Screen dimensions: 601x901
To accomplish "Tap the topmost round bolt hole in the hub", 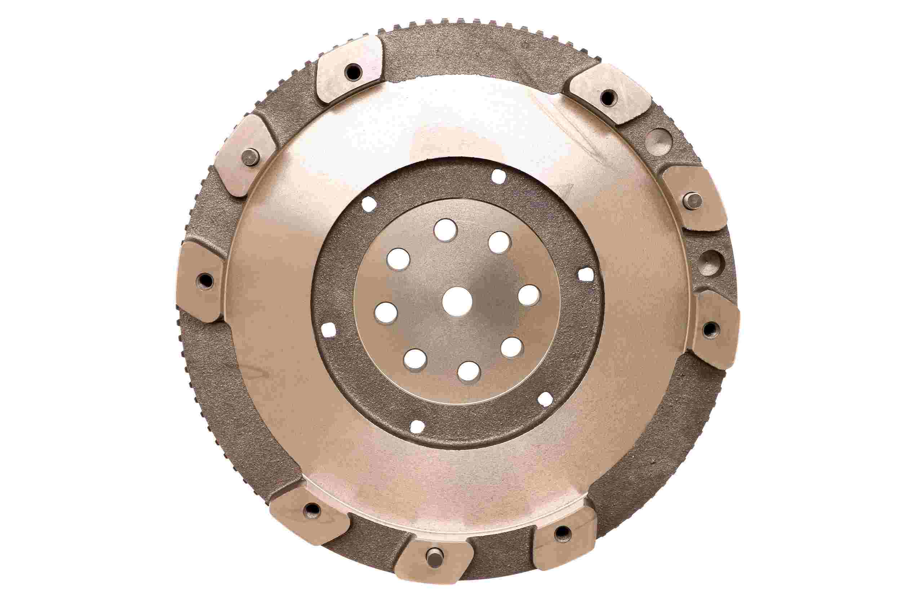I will [445, 230].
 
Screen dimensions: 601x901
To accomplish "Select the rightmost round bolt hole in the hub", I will [529, 296].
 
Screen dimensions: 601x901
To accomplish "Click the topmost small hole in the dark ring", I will [498, 177].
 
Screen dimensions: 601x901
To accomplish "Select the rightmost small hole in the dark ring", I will [585, 274].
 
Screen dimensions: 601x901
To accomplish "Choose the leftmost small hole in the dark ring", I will [328, 330].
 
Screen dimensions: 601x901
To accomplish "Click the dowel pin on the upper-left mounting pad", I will [250, 157].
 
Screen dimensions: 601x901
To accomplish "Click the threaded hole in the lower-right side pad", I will [710, 328].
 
